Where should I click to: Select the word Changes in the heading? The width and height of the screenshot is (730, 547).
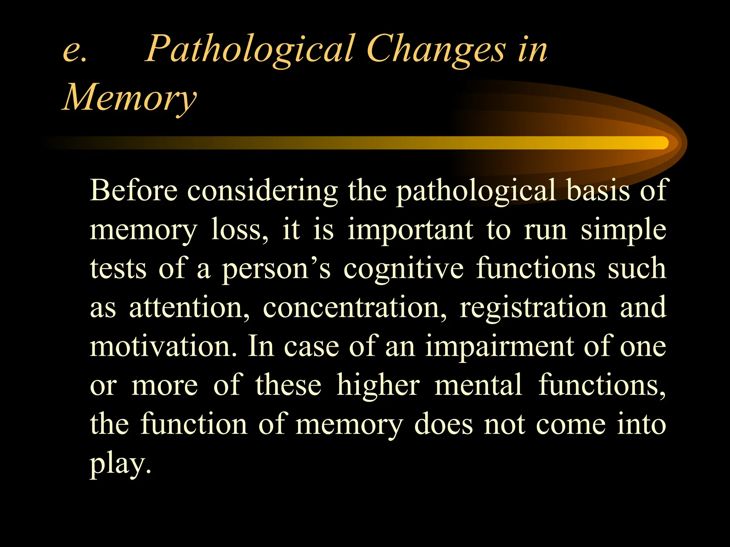tap(435, 50)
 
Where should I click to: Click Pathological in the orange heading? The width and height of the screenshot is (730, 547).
tap(249, 50)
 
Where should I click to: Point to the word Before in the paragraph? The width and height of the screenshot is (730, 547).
tap(133, 191)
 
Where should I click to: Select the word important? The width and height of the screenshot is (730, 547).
tap(410, 230)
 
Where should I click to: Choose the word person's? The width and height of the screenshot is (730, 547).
tap(276, 269)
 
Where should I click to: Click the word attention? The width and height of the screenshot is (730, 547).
tap(189, 308)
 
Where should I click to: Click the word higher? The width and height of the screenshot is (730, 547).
tap(378, 386)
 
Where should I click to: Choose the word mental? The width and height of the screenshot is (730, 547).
tap(478, 385)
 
